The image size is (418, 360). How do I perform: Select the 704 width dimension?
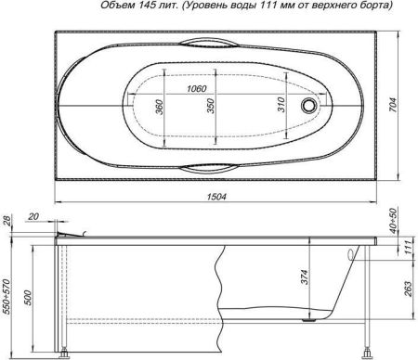point(406,106)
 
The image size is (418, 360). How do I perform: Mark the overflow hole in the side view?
point(350,253)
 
